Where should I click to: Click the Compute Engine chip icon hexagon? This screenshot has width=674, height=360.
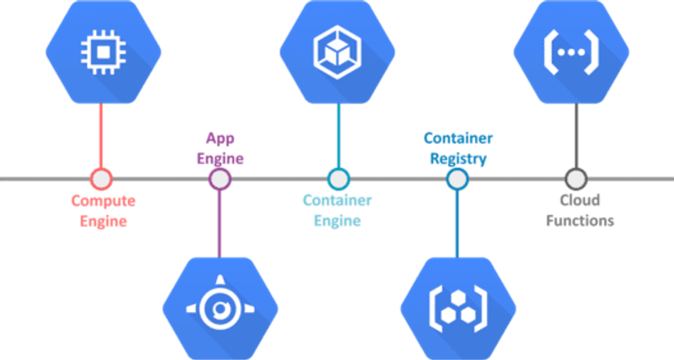coord(104,52)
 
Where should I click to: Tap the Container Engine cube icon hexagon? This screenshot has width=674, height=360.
coord(338,52)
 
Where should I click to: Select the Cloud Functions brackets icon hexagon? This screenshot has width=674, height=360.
coord(571,52)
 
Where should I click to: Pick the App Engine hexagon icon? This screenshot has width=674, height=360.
coord(220,309)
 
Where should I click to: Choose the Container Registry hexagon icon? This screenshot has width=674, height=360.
coord(458,309)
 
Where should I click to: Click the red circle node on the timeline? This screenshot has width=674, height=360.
coord(101,179)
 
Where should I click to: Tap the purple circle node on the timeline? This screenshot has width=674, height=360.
coord(220,179)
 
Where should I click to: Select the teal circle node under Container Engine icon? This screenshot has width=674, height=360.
coord(339,179)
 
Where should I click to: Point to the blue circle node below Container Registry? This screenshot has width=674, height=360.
coord(457,179)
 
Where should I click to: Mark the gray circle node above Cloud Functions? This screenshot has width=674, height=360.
coord(575,179)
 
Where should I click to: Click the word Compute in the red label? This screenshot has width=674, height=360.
coord(103,201)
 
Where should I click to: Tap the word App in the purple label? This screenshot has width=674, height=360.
coord(220,139)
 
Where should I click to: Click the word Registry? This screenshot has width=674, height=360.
coord(458,159)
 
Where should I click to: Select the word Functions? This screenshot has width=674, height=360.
coord(580,221)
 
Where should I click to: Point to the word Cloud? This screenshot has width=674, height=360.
coord(580,200)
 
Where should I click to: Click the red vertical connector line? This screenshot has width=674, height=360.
coord(101,136)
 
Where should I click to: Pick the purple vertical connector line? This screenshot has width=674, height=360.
coord(220,223)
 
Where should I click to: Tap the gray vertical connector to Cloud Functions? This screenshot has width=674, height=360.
coord(575,136)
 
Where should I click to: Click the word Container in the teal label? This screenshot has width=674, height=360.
coord(338,201)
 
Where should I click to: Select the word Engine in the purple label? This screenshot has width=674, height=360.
coord(220,159)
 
